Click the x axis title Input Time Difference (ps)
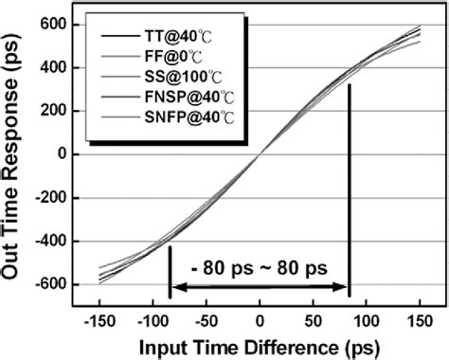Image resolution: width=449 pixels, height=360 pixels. click(259, 343)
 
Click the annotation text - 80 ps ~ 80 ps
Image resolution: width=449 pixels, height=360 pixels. click(259, 268)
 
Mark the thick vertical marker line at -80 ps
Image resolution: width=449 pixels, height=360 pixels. click(170, 270)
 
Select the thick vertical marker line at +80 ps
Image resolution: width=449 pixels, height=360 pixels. click(350, 189)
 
